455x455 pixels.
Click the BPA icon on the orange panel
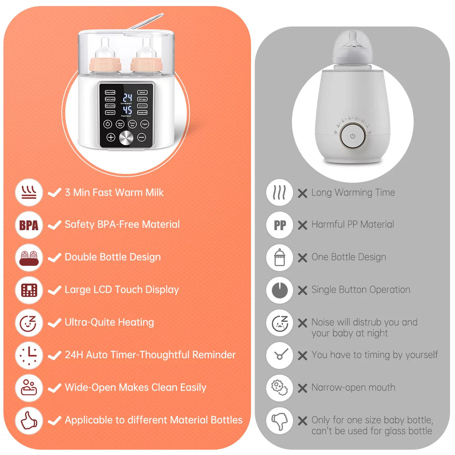coord(29,225)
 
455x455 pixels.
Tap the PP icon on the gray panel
coord(279,225)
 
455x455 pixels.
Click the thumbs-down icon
coord(279,420)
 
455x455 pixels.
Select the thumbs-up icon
coord(29,420)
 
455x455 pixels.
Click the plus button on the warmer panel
coord(110,137)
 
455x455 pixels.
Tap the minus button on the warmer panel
coord(142,137)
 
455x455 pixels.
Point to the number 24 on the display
coord(128,98)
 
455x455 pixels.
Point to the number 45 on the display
coord(128,110)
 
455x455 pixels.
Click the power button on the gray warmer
coord(353,136)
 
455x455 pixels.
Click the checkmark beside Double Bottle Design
coord(54,257)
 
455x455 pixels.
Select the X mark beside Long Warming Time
coord(303,193)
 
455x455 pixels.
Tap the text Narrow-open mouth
coord(353,387)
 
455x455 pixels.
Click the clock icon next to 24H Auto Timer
coord(29,355)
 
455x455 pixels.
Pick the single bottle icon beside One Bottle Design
coord(279,258)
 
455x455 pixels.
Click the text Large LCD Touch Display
coord(121,290)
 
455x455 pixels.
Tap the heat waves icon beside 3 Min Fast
coord(29,193)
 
